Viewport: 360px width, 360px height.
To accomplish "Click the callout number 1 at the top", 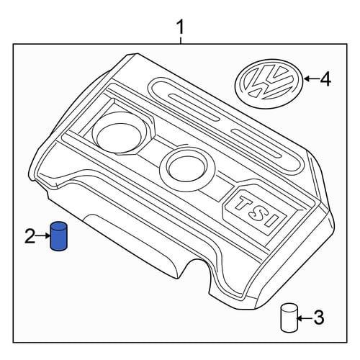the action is tap(180, 27).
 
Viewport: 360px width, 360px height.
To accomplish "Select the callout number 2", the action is tap(30, 236).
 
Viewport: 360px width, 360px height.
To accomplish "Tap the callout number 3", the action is tap(319, 317).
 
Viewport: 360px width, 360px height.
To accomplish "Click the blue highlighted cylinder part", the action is tap(58, 236).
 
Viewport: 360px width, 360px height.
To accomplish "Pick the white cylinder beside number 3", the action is tap(289, 318).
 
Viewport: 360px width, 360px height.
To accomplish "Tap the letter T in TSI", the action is tap(244, 203).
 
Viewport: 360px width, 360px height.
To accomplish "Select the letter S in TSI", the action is tap(258, 212).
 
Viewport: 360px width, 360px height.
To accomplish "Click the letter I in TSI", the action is tap(271, 220).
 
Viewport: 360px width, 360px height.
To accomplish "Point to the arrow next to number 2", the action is tap(43, 236).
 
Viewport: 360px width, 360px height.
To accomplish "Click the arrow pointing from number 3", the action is tap(305, 318).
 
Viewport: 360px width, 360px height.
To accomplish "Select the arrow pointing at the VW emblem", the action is tap(311, 78).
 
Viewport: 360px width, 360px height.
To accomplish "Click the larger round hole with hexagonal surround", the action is tap(120, 135).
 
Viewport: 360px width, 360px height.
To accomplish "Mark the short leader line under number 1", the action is tap(181, 40).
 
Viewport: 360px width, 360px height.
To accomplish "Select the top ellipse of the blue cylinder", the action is tap(59, 225).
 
